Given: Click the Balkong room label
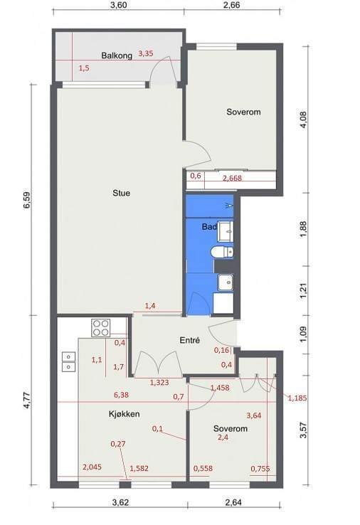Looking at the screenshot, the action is click(117, 55).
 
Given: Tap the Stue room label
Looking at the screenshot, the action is click(121, 193).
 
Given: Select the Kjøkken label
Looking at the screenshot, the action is click(125, 414).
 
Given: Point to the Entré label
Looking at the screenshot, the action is click(189, 340).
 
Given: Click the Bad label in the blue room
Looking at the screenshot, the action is click(209, 227).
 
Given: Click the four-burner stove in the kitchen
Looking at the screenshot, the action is click(101, 328).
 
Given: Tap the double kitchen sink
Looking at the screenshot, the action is click(68, 361).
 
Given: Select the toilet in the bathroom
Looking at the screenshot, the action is click(223, 252).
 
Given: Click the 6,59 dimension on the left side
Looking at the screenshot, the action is click(26, 200).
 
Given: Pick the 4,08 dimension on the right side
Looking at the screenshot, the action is click(303, 120).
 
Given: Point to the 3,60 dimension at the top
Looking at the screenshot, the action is click(118, 5).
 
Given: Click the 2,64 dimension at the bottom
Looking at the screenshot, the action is click(233, 502).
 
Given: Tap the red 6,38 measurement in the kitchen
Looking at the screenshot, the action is click(121, 395).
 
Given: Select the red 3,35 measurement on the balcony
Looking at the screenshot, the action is click(146, 53).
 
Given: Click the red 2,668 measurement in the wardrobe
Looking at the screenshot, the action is click(232, 178).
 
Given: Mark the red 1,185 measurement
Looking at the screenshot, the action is click(297, 398).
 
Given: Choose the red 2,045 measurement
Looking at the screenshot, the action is click(92, 467).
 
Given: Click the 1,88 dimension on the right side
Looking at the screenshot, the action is click(302, 230).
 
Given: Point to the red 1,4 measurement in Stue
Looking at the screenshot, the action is click(150, 306).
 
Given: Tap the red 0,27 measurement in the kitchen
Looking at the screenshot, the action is click(118, 444).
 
